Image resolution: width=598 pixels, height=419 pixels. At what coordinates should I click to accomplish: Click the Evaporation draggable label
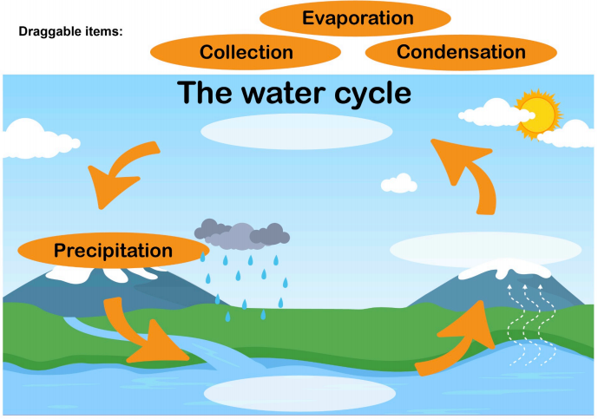(357, 17)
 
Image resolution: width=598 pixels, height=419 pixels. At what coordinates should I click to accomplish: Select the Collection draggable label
(246, 52)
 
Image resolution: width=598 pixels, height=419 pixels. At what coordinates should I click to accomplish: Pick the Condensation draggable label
(461, 52)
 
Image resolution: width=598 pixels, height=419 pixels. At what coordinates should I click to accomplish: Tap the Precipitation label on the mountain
(114, 252)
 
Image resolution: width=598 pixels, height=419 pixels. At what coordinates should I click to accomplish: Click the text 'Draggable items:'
(70, 32)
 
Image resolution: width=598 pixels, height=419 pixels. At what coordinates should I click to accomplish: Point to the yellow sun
(537, 113)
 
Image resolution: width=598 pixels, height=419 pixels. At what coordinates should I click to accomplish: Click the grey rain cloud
(242, 232)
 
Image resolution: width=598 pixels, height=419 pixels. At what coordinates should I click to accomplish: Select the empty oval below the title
(296, 131)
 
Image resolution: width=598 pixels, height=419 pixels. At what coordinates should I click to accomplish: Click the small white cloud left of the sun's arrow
(399, 183)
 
